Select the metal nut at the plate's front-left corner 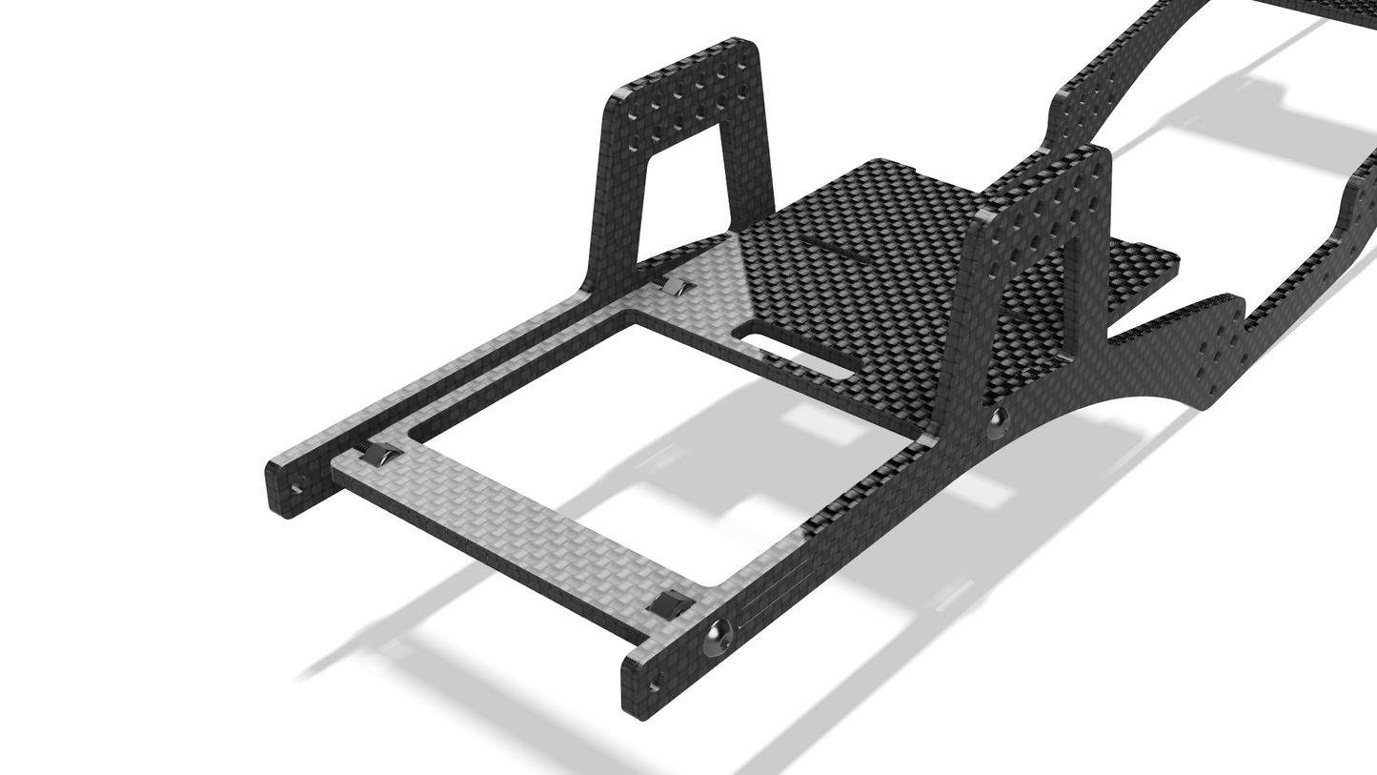tap(374, 454)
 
